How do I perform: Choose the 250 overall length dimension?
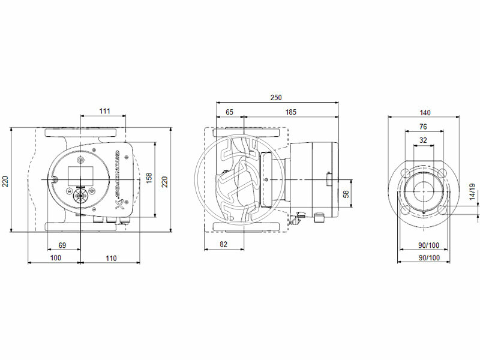pyautogui.click(x=275, y=97)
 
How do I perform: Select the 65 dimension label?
pyautogui.click(x=229, y=112)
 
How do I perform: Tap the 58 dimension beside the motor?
pyautogui.click(x=345, y=194)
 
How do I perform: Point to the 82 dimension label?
pyautogui.click(x=223, y=244)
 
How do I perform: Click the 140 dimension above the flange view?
pyautogui.click(x=425, y=112)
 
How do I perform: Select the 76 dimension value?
pyautogui.click(x=423, y=127)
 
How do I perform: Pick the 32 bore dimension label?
pyautogui.click(x=424, y=140)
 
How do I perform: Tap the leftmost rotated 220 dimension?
pyautogui.click(x=7, y=180)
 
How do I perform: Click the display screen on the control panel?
pyautogui.click(x=79, y=171)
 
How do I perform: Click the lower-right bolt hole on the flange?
pyautogui.click(x=442, y=209)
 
